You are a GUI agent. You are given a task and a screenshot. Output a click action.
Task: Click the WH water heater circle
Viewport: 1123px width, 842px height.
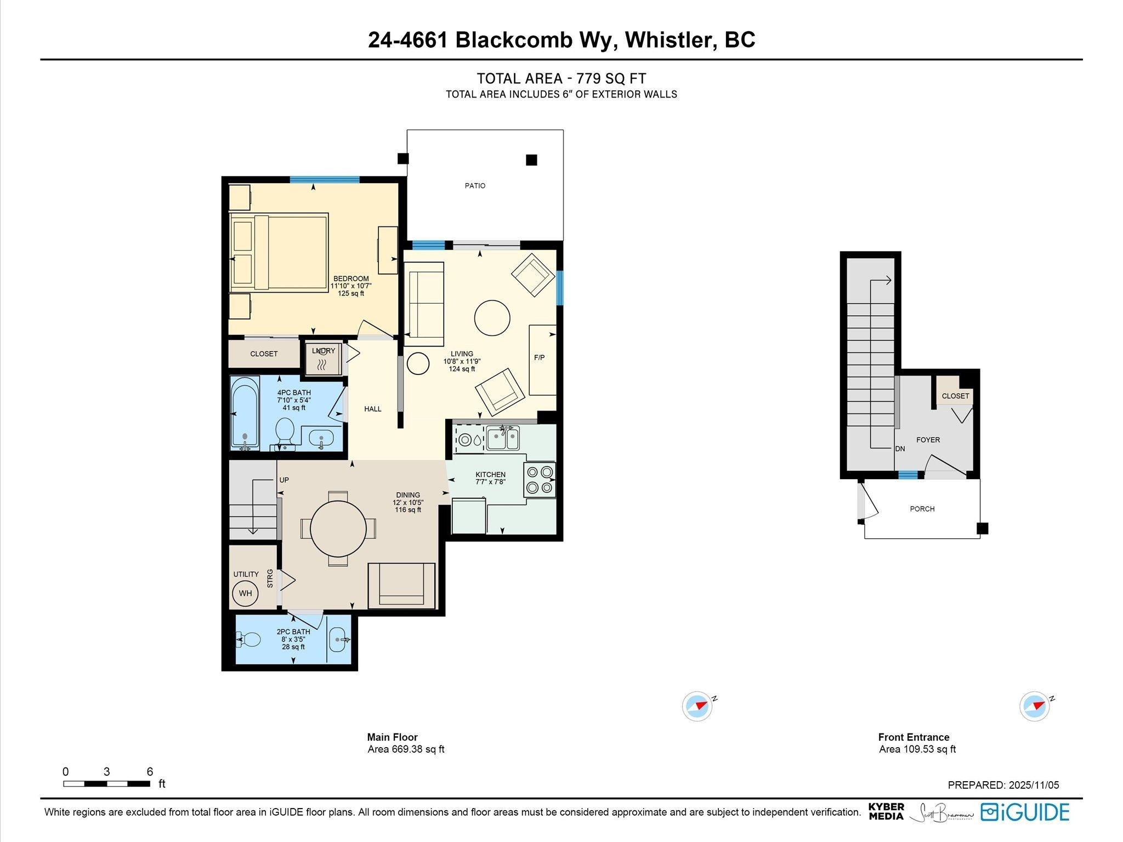(245, 593)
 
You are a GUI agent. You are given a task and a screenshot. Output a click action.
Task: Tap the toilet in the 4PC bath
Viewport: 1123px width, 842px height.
(285, 433)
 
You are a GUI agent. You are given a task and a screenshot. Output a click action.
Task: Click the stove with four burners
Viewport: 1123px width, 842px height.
(540, 480)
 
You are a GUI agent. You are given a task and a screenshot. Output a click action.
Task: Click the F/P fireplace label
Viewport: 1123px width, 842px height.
(540, 357)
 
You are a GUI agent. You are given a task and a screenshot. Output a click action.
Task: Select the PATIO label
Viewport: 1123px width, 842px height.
(475, 186)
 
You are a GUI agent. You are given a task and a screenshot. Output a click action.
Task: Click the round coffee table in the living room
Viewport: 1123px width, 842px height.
(492, 317)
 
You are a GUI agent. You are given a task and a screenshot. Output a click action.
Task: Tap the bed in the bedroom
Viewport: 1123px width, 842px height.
(279, 252)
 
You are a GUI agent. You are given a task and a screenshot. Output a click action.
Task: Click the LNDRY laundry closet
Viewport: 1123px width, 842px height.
(324, 359)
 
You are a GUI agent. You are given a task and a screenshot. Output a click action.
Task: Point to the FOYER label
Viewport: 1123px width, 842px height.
(928, 440)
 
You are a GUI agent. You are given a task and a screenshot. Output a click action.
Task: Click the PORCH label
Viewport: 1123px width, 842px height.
(922, 509)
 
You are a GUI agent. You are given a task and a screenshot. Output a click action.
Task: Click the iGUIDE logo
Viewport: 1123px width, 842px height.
(1025, 812)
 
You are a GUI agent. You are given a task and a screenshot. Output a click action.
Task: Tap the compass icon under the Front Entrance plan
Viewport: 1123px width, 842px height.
(1035, 706)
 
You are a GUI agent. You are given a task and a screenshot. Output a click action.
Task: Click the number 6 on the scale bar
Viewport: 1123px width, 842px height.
(150, 771)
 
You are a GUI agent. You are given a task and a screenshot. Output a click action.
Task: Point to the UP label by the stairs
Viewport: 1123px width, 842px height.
(284, 480)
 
